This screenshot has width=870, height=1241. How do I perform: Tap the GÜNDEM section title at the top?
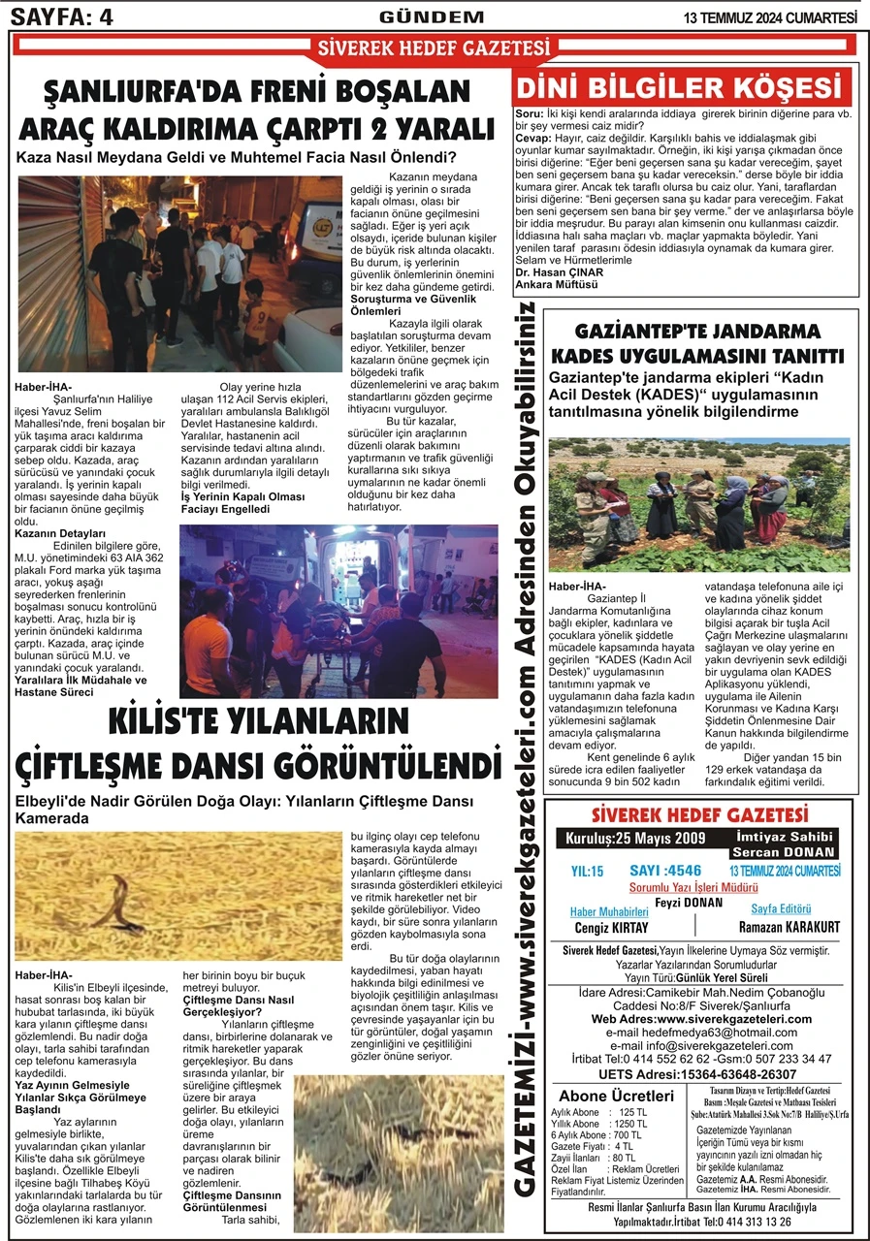click(x=432, y=16)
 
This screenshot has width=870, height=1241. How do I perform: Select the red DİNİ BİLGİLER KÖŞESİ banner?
click(x=682, y=88)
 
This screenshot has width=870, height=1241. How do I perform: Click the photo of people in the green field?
click(x=698, y=504)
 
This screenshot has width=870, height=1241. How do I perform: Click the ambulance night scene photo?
click(x=338, y=612)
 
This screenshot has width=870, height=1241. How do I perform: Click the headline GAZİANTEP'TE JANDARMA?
click(x=697, y=330)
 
